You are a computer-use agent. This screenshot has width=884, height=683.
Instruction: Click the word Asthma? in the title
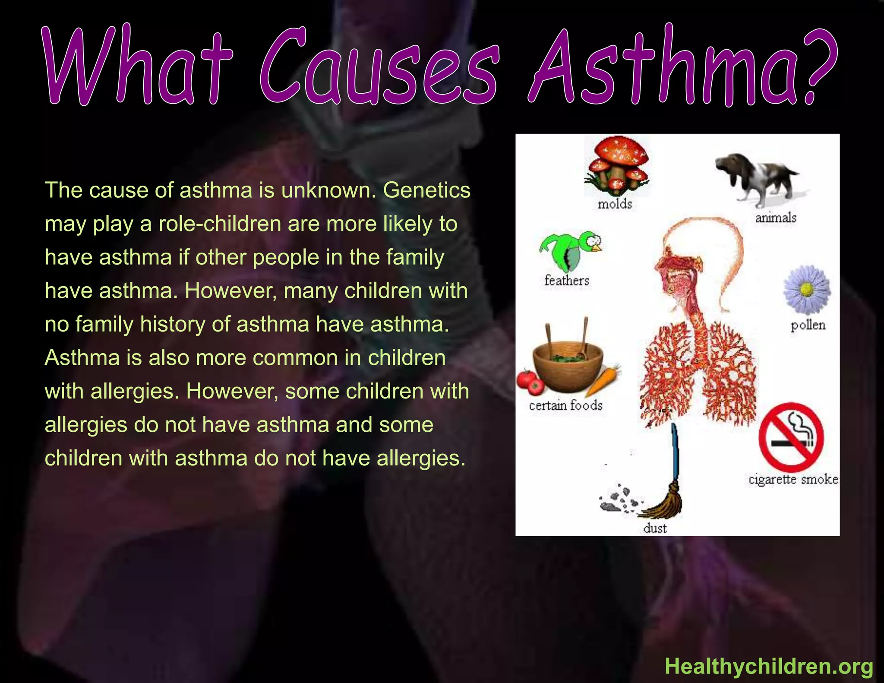pos(682,67)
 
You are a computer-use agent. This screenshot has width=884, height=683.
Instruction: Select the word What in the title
pos(138,67)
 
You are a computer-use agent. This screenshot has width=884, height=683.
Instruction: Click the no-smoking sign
pos(791,436)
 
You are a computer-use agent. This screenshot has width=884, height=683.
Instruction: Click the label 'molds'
pos(615,204)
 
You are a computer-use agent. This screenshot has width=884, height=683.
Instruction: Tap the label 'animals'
pos(776,218)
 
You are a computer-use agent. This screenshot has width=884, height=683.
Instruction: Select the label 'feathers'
pos(567,281)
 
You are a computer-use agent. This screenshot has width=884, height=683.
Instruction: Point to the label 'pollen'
pos(808,325)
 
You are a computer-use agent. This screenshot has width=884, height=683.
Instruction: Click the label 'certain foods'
pos(565,405)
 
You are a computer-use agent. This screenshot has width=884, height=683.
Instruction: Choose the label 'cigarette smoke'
pos(793,479)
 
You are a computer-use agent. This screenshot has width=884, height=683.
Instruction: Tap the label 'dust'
pos(655,528)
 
